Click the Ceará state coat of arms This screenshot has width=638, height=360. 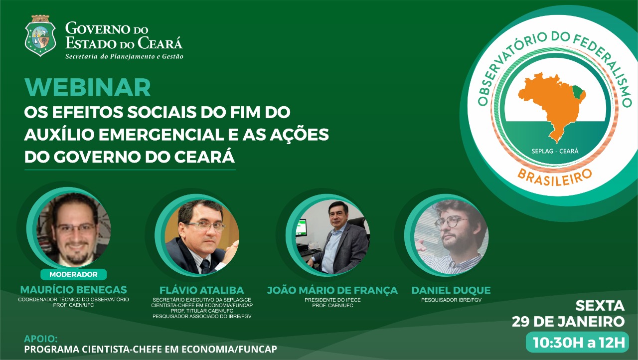click(x=40, y=35)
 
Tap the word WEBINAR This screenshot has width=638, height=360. click(x=87, y=87)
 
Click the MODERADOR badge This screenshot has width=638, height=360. click(x=73, y=274)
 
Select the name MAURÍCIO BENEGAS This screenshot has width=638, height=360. click(x=73, y=290)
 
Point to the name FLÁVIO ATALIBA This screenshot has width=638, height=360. click(x=202, y=290)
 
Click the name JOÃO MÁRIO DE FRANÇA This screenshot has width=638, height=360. click(x=332, y=290)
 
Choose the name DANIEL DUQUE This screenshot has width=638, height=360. click(x=451, y=290)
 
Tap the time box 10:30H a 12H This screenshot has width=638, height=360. click(x=577, y=342)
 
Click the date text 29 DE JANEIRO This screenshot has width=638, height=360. click(x=568, y=322)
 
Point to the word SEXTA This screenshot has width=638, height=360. click(x=600, y=306)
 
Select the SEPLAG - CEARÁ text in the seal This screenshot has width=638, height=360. click(x=555, y=151)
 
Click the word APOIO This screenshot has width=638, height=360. click(x=41, y=339)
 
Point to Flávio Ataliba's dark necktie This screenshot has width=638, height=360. click(x=205, y=266)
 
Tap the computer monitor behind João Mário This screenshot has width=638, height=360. click(x=302, y=227)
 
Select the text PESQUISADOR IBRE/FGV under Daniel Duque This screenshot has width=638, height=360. click(x=451, y=300)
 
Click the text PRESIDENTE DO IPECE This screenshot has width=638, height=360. click(x=332, y=300)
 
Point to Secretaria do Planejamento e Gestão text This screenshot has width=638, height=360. click(x=124, y=56)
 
